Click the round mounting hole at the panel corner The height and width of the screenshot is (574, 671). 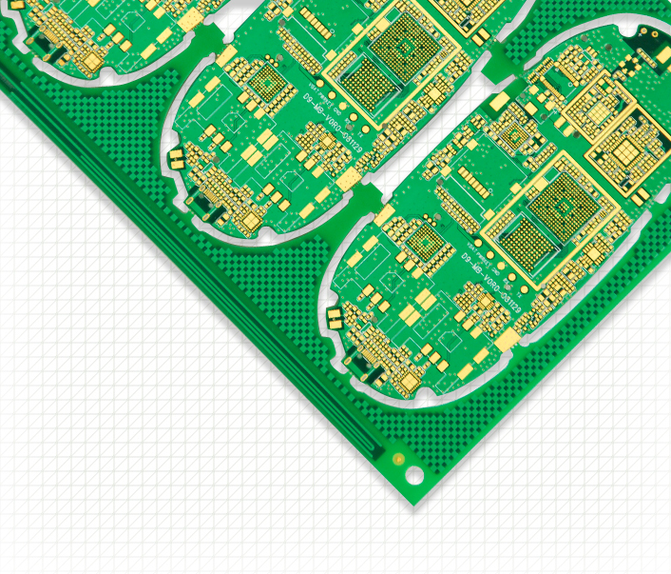(414, 473)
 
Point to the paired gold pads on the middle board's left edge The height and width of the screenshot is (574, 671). (176, 158)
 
